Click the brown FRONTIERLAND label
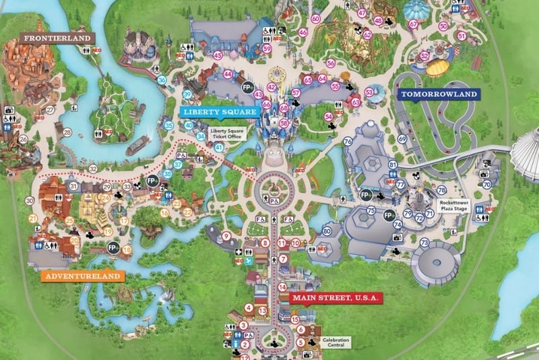click(x=57, y=38)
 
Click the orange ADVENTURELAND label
click(x=83, y=276)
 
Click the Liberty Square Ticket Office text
click(x=227, y=133)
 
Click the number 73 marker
click(x=424, y=242)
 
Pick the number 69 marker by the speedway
click(x=402, y=139)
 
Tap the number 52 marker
click(x=424, y=56)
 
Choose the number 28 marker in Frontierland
click(x=67, y=132)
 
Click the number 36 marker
click(x=162, y=80)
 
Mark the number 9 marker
click(x=226, y=235)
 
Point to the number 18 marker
click(x=127, y=249)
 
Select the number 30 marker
click(x=29, y=200)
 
